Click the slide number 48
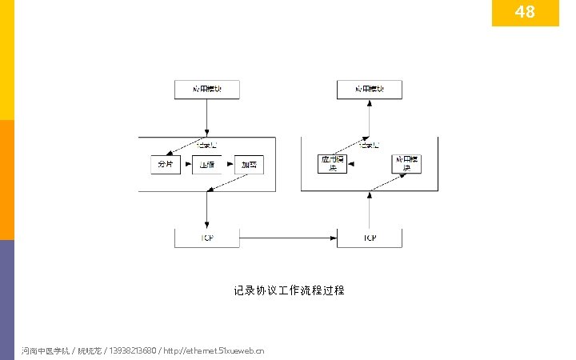coord(525,12)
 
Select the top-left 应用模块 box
coord(207,89)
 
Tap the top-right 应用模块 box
coord(369,89)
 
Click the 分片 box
coord(166,165)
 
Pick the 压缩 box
coord(208,165)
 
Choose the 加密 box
coord(249,165)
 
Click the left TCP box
coord(207,238)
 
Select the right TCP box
coord(369,238)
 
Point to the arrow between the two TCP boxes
coord(288,238)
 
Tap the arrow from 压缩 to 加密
coord(229,166)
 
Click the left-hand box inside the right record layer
coord(332,164)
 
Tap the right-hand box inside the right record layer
coord(406,164)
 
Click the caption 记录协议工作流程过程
coord(289,290)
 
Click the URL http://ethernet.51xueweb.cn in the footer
coord(214,350)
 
